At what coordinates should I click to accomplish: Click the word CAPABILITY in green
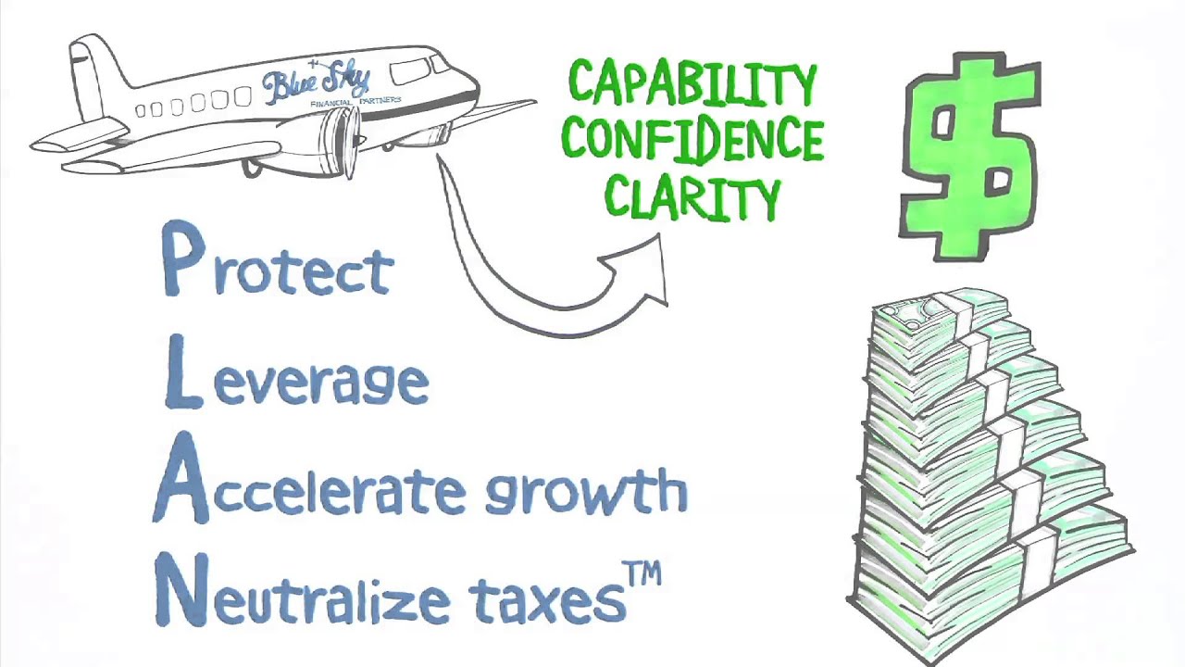click(x=692, y=84)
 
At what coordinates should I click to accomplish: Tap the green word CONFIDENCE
click(x=692, y=141)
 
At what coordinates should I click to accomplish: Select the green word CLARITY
click(x=692, y=196)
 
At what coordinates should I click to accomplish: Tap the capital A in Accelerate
click(x=181, y=485)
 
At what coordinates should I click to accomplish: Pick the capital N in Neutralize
click(x=181, y=589)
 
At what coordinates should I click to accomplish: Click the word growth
click(x=586, y=491)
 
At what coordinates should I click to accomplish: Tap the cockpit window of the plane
click(x=411, y=70)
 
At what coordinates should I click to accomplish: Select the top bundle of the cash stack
click(x=940, y=315)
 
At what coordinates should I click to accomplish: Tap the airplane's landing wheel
click(x=252, y=168)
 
